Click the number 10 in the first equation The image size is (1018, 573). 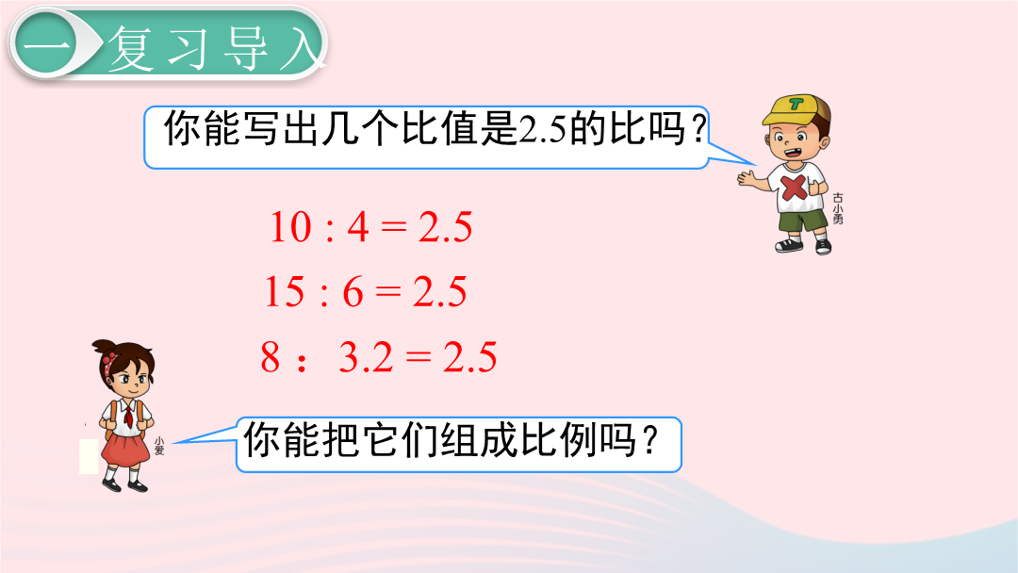(290, 227)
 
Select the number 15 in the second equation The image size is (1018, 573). (285, 291)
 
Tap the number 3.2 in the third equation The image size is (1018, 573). (366, 357)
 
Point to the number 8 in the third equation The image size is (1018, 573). (271, 357)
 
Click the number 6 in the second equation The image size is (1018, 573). (353, 291)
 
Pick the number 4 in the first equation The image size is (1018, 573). (358, 227)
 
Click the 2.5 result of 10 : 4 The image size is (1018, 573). (445, 227)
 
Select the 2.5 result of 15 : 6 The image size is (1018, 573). (440, 291)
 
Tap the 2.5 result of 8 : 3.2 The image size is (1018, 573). (470, 357)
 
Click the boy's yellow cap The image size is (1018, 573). (794, 108)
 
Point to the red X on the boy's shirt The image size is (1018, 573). (794, 188)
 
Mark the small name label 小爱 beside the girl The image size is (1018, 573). (159, 446)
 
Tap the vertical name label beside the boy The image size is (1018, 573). (838, 208)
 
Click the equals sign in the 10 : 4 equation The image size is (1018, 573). (394, 227)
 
